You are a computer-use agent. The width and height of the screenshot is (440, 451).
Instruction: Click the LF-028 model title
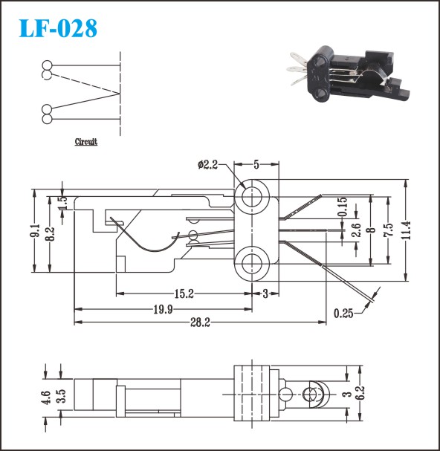click(x=58, y=28)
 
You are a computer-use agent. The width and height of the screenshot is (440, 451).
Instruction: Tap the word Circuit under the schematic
click(x=86, y=141)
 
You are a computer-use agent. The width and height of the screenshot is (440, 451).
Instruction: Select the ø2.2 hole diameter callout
click(x=207, y=165)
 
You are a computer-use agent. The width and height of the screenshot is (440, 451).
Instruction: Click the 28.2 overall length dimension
click(x=200, y=322)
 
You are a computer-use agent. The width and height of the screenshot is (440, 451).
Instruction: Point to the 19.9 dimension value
click(x=163, y=309)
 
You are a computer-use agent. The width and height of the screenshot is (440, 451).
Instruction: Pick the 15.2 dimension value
click(x=184, y=293)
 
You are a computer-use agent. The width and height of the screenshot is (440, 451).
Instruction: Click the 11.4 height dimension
click(x=406, y=230)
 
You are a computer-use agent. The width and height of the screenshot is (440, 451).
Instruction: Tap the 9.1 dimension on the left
click(x=34, y=230)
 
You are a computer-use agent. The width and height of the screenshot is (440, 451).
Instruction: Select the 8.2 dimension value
click(x=50, y=233)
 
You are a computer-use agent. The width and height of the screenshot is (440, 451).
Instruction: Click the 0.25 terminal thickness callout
click(x=343, y=314)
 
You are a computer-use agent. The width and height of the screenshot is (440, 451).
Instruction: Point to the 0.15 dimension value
click(x=343, y=207)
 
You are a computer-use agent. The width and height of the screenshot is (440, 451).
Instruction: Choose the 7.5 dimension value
click(x=389, y=230)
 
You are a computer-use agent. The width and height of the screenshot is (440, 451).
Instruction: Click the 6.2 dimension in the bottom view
click(x=361, y=393)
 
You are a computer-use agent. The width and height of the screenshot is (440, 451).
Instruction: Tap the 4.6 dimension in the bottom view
click(x=46, y=398)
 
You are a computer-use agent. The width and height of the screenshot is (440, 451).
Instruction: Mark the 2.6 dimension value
click(x=356, y=230)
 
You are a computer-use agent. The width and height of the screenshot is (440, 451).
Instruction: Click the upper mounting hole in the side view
click(x=252, y=197)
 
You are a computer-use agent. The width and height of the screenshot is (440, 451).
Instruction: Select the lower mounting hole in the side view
click(x=252, y=264)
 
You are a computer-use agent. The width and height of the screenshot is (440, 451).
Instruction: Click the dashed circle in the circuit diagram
click(x=47, y=75)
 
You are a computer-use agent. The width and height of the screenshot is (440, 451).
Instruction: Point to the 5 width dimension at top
click(x=256, y=164)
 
